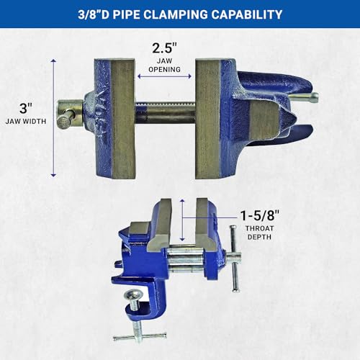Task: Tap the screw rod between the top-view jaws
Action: click(165, 113)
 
